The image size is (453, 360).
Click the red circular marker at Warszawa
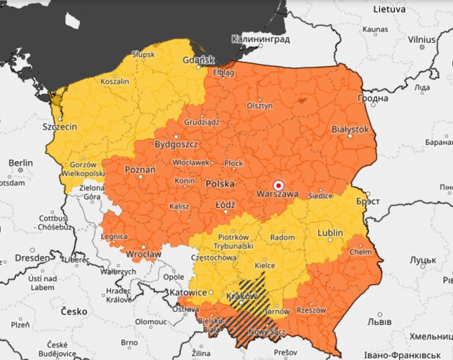[x=279, y=186]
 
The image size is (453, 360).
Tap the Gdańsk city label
[x=199, y=60]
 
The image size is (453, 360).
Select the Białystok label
[x=350, y=129]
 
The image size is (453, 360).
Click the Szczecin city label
[x=60, y=126]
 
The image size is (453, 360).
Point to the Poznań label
[x=140, y=169]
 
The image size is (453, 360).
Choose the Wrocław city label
[x=144, y=254]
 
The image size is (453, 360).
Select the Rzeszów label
[x=311, y=310]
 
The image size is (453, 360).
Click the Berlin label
[x=21, y=162]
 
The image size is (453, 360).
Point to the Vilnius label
[x=421, y=40]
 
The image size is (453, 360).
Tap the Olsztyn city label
[x=260, y=106]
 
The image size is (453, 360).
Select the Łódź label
[x=225, y=204]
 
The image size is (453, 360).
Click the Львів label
[x=379, y=321]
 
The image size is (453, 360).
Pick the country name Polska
[x=220, y=183]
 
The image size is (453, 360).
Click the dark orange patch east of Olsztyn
[x=302, y=100]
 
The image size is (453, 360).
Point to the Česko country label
[x=74, y=312]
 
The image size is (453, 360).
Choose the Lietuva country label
[x=389, y=9]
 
